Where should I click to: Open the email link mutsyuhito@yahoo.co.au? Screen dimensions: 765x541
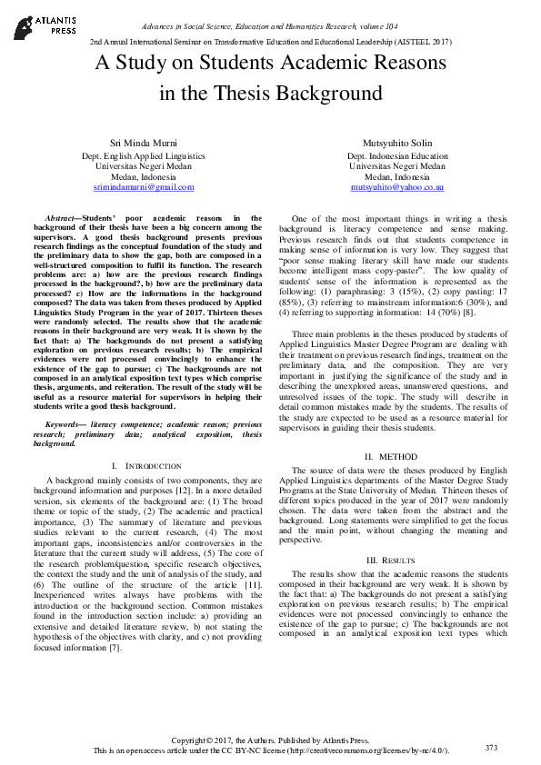click(397, 187)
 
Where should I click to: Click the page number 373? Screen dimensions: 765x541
click(491, 748)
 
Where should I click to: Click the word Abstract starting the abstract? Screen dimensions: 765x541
click(63, 219)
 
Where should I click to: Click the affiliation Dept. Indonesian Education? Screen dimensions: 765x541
click(397, 156)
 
